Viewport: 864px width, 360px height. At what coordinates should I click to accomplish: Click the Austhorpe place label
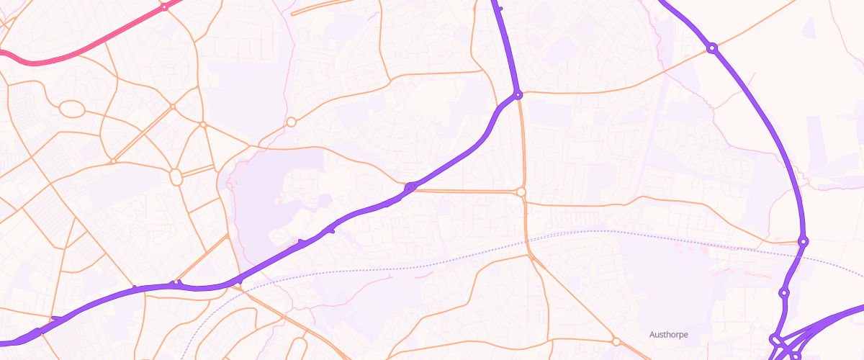click(669, 334)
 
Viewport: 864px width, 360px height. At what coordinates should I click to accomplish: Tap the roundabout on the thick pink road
click(164, 6)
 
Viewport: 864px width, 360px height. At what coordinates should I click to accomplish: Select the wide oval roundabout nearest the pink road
click(71, 109)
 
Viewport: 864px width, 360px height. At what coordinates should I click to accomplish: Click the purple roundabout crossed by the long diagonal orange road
click(711, 48)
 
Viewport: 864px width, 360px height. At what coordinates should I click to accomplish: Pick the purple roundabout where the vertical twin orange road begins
click(518, 94)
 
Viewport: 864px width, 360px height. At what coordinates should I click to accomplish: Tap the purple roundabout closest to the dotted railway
click(803, 240)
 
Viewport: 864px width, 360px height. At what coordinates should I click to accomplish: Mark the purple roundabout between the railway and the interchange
click(784, 293)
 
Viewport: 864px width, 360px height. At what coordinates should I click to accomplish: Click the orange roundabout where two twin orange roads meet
click(521, 192)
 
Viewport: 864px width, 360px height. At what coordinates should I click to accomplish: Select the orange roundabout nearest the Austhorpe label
click(616, 341)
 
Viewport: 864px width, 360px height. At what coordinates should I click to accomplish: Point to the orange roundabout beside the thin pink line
click(291, 122)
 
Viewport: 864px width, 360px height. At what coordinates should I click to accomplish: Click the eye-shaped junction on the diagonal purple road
click(411, 187)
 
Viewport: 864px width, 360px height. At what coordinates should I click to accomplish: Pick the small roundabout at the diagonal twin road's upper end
click(173, 107)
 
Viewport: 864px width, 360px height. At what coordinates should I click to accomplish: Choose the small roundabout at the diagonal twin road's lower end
click(113, 161)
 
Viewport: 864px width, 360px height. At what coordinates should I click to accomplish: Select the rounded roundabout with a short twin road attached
click(176, 176)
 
